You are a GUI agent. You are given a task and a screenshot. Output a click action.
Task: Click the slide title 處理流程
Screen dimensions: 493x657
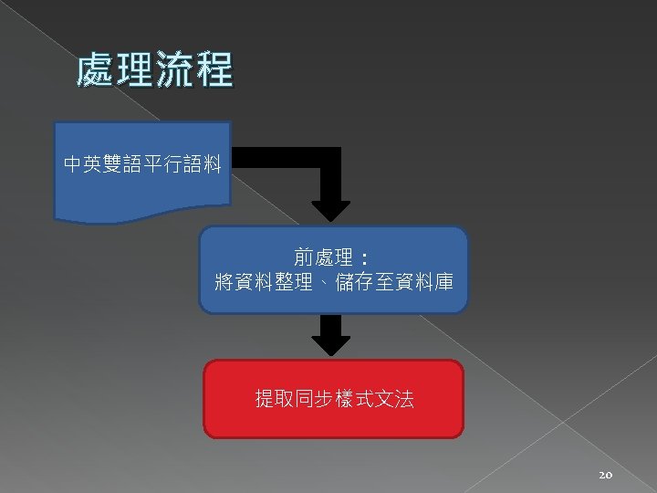pos(155,70)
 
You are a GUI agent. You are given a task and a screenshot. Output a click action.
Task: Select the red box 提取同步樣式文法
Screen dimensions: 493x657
pos(333,399)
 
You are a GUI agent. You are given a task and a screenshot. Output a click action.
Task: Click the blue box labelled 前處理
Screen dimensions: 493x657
pos(334,270)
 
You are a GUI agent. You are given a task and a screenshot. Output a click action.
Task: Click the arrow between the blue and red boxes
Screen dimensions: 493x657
pos(330,336)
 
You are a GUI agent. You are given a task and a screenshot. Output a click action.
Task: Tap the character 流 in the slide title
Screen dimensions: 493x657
pos(175,70)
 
